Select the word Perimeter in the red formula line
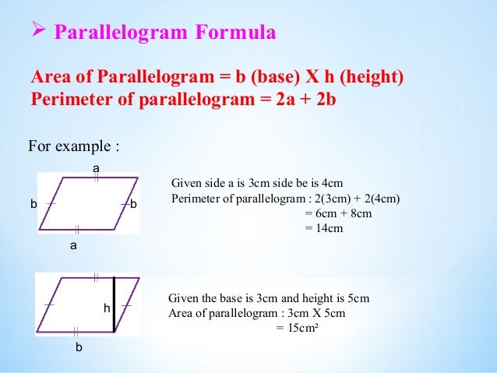point(68,102)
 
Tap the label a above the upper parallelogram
point(96,167)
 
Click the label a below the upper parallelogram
point(74,245)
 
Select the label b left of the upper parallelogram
point(33,204)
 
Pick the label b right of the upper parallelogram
point(133,204)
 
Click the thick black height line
point(115,304)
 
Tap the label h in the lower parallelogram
point(107,309)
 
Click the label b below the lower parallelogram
point(78,347)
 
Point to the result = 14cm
point(323,228)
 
